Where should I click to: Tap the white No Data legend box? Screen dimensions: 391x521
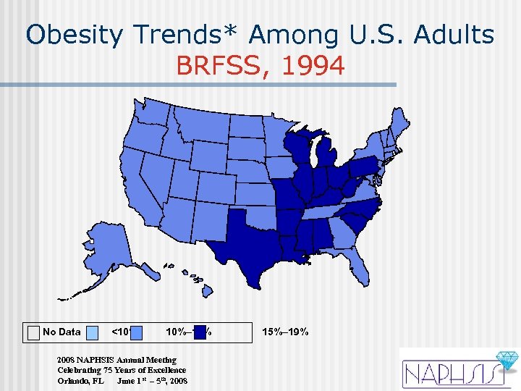(33, 332)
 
